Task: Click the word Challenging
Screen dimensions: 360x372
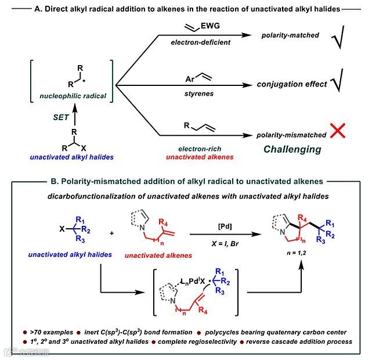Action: (292, 149)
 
